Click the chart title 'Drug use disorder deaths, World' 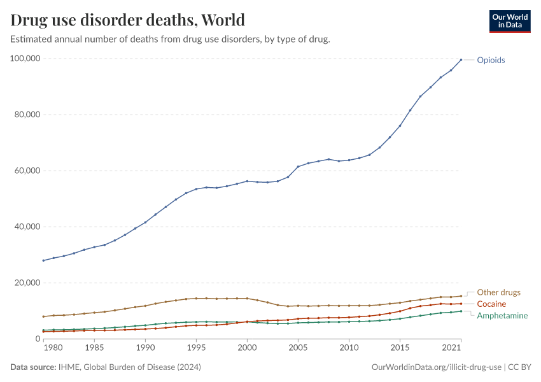tap(128, 20)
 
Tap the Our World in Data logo tap(509, 21)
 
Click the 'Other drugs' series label tap(498, 292)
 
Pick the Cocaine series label tap(491, 304)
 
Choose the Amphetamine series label tap(502, 316)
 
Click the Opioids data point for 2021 tap(461, 60)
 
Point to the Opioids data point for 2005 tap(298, 167)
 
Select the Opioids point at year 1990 tap(145, 222)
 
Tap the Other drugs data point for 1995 tap(196, 298)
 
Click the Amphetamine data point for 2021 tap(461, 311)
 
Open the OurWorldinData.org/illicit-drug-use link tap(436, 367)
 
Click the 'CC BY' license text tap(520, 367)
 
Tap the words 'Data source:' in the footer tap(32, 367)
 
